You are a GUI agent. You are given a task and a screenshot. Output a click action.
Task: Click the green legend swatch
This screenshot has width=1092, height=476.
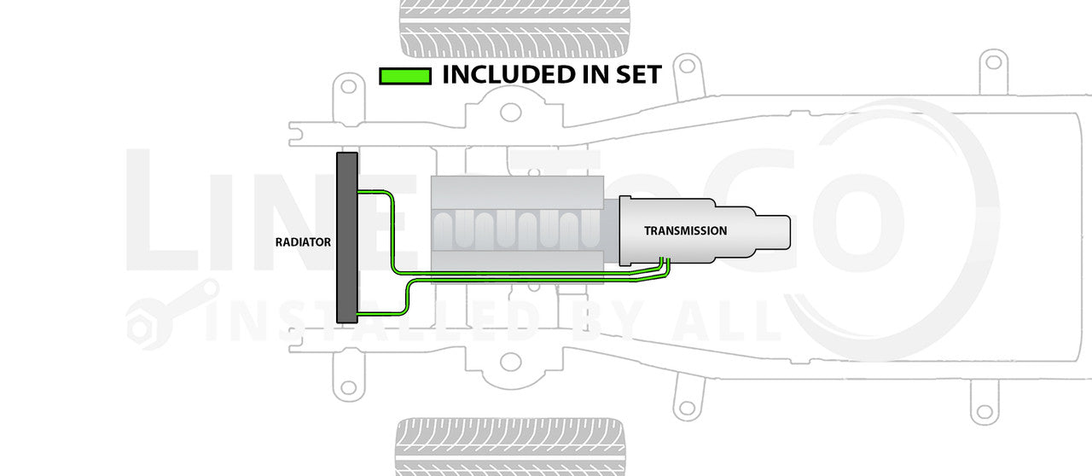(404, 76)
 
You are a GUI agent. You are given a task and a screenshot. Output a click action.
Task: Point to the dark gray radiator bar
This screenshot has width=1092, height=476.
(347, 237)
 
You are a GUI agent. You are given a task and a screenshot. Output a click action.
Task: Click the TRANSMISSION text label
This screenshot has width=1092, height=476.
(685, 230)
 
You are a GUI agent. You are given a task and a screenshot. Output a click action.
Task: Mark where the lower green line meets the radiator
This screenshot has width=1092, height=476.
(359, 315)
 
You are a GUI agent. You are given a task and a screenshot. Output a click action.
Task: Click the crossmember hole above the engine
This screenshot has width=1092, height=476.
(510, 112)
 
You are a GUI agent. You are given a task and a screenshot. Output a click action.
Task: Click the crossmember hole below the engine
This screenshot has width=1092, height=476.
(510, 362)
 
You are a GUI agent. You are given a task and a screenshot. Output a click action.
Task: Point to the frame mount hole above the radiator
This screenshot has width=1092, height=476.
(346, 86)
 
